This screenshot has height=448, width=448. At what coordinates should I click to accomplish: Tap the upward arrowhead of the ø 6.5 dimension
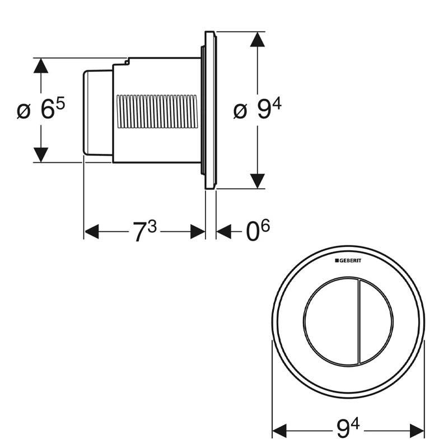click(x=39, y=66)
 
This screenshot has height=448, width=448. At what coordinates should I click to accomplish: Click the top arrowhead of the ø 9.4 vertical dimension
click(x=257, y=40)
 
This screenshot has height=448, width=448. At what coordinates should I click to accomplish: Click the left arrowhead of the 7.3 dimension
click(x=91, y=232)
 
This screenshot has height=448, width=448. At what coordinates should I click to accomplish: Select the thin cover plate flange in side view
click(x=210, y=110)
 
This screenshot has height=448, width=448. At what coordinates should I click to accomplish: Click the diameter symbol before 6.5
click(x=22, y=111)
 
